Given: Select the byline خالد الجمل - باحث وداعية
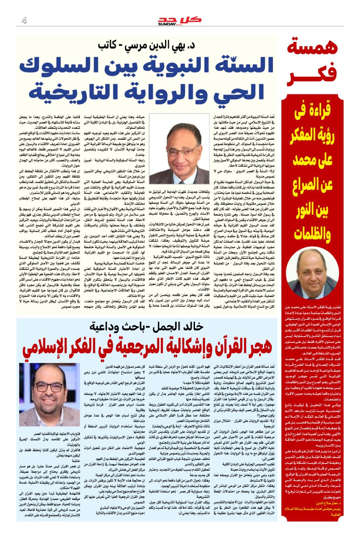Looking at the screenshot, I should tap(147, 326).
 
